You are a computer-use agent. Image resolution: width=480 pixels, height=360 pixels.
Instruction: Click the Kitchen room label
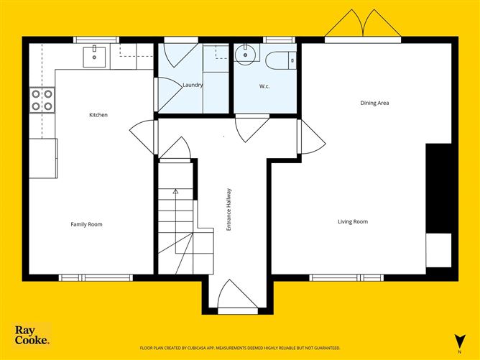[98, 115]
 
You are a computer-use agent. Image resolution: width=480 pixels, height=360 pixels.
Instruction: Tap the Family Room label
[86, 224]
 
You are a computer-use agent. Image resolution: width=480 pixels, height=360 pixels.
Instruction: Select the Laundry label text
[193, 85]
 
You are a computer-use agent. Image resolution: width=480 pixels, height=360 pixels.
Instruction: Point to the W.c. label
[264, 87]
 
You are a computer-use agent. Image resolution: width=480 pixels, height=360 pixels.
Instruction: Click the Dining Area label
[374, 103]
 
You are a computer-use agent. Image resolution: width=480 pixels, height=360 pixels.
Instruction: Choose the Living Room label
[353, 221]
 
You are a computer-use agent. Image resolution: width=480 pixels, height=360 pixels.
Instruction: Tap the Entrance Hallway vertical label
[229, 209]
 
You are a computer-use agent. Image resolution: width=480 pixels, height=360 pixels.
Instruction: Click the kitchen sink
[95, 55]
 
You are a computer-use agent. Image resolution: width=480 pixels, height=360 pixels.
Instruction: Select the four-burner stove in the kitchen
[42, 99]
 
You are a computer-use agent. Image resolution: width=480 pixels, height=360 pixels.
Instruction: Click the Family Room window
[96, 277]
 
